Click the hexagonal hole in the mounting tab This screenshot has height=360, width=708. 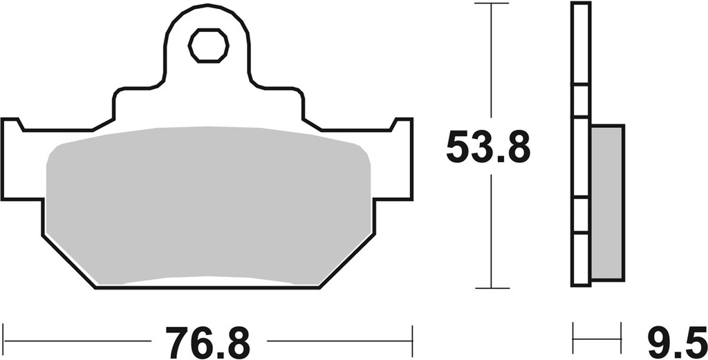tap(209, 46)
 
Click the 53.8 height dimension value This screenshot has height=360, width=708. tap(488, 146)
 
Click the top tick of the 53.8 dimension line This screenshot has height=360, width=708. tap(491, 4)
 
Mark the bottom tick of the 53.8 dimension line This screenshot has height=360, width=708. tap(491, 287)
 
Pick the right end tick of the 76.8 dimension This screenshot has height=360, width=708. tap(413, 340)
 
